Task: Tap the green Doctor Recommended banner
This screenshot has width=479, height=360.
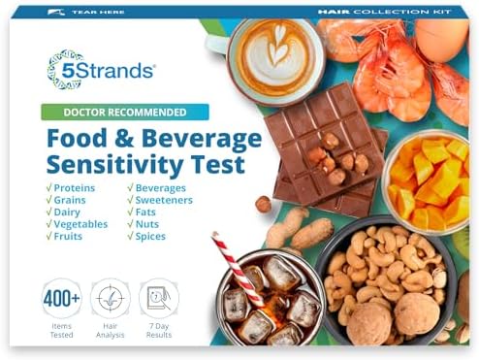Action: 124,112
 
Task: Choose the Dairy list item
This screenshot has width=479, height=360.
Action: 68,210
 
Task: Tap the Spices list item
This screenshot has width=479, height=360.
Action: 160,235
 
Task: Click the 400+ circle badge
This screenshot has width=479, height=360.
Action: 61,298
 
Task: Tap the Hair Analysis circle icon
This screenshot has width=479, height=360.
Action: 110,298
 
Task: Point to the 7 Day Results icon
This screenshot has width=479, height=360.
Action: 158,298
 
